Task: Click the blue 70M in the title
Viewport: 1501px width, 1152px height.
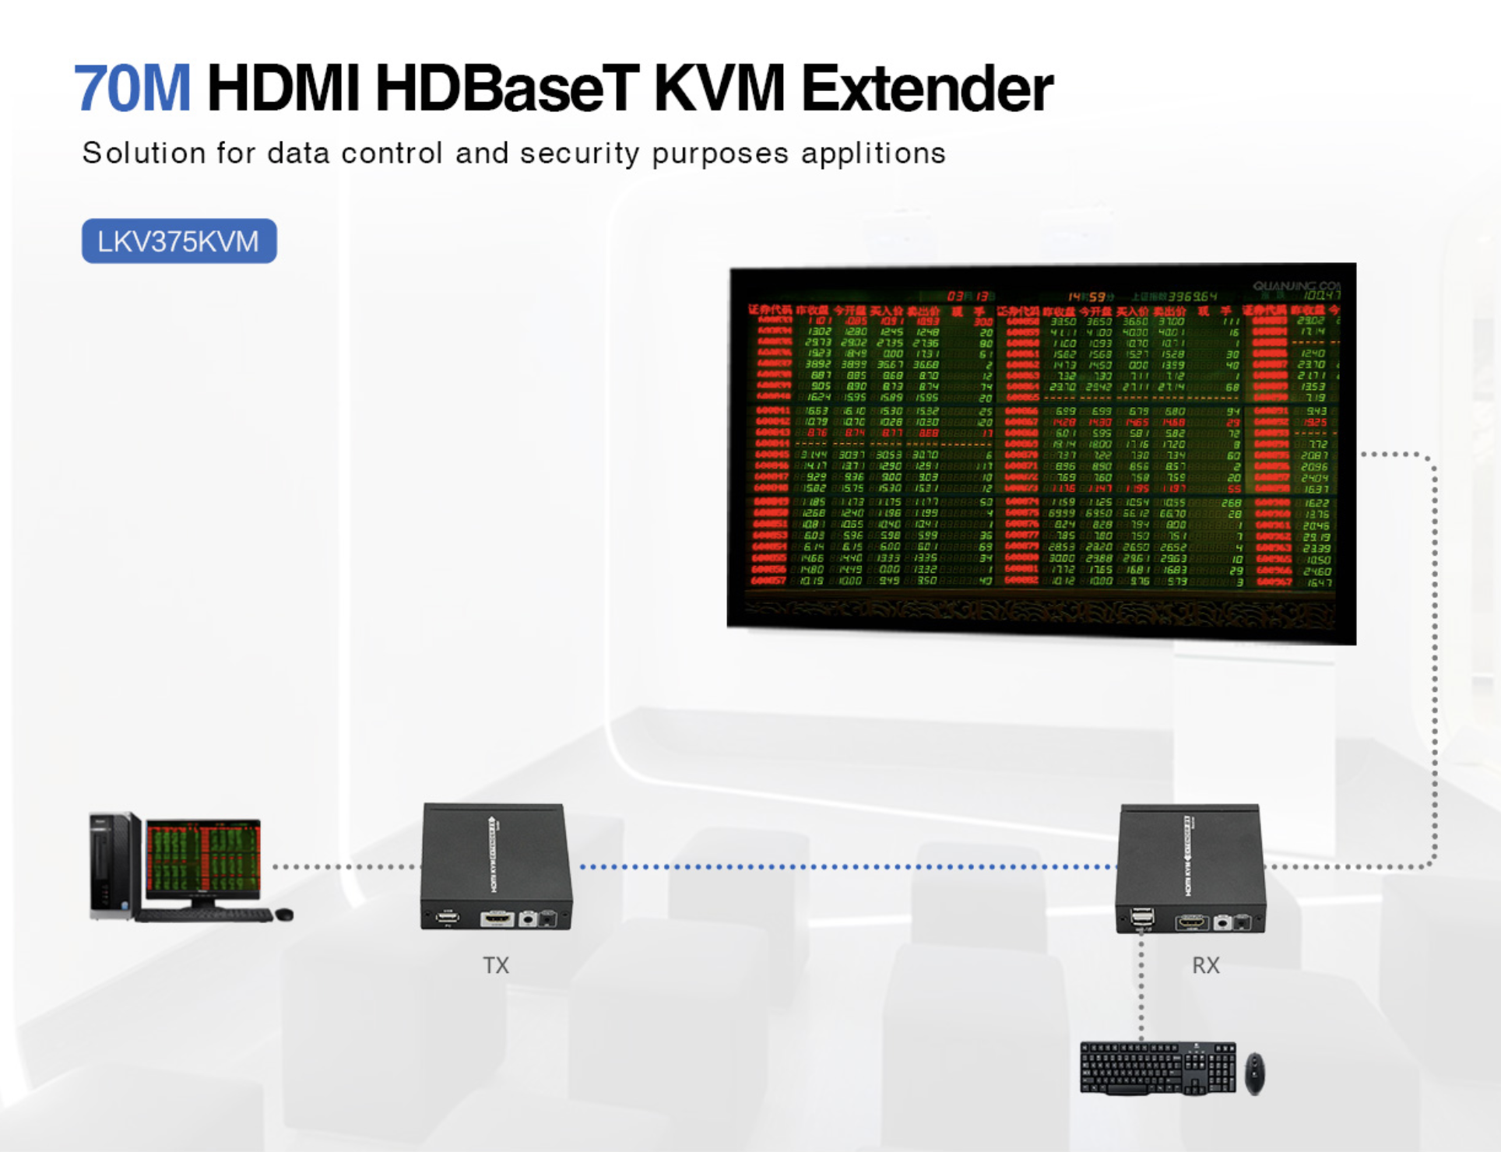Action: point(132,89)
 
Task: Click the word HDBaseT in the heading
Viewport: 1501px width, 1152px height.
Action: point(507,89)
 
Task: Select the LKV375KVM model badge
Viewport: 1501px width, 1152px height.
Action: point(179,241)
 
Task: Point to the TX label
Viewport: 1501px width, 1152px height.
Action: point(496,965)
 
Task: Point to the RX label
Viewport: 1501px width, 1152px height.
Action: point(1206,965)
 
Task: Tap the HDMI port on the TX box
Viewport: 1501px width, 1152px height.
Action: point(497,919)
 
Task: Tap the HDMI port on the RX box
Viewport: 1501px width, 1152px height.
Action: point(1191,923)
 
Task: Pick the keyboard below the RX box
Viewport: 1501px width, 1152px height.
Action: point(1158,1068)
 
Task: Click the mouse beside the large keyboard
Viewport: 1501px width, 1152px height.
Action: point(1254,1073)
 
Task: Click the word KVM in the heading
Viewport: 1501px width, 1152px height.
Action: point(719,89)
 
